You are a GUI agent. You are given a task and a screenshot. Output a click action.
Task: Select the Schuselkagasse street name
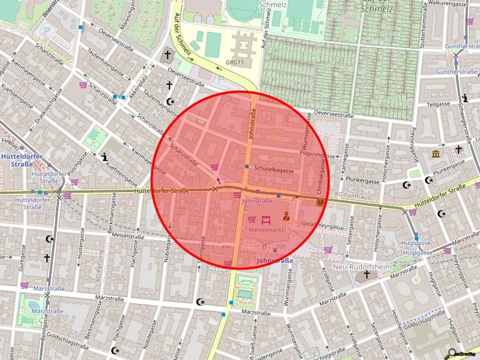[274, 171]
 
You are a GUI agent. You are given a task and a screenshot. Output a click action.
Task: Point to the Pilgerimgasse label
[317, 154]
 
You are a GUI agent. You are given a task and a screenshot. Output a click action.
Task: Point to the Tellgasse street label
[438, 104]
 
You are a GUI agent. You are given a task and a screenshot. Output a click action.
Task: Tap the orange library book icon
[321, 202]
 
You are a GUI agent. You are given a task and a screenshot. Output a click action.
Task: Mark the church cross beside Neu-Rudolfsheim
[367, 274]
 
